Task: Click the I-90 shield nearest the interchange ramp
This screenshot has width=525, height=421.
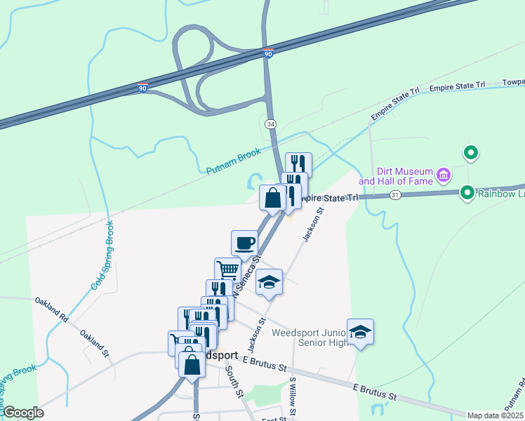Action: point(268,53)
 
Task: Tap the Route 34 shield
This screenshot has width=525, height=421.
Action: point(270,123)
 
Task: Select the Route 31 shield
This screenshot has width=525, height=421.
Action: point(396,194)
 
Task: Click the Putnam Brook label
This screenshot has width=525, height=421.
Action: point(233,161)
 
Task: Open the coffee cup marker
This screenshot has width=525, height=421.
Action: point(244,243)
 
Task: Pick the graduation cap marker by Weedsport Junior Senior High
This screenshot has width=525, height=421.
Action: point(360,331)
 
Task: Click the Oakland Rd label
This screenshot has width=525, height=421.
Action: point(51,309)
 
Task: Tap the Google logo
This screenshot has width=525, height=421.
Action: point(23,413)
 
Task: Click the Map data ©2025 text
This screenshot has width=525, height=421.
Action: point(496,415)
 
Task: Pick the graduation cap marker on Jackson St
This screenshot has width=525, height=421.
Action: point(269,282)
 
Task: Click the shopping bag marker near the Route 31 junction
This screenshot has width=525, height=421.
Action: point(272,198)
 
